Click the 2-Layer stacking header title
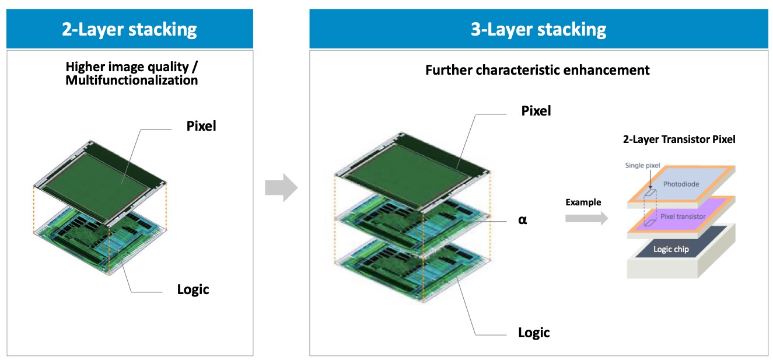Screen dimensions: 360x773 click(x=129, y=29)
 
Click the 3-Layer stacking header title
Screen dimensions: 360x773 click(x=538, y=29)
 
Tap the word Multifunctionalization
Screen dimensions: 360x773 click(x=131, y=81)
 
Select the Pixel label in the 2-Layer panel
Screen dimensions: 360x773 click(x=201, y=125)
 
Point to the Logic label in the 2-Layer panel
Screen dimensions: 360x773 click(x=193, y=289)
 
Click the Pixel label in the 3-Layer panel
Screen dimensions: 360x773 click(x=535, y=110)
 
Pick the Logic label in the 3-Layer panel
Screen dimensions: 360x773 click(x=534, y=333)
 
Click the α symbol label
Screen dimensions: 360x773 click(x=522, y=221)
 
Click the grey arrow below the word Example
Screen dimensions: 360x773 click(x=586, y=218)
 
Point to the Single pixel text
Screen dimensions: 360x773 click(x=642, y=165)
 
